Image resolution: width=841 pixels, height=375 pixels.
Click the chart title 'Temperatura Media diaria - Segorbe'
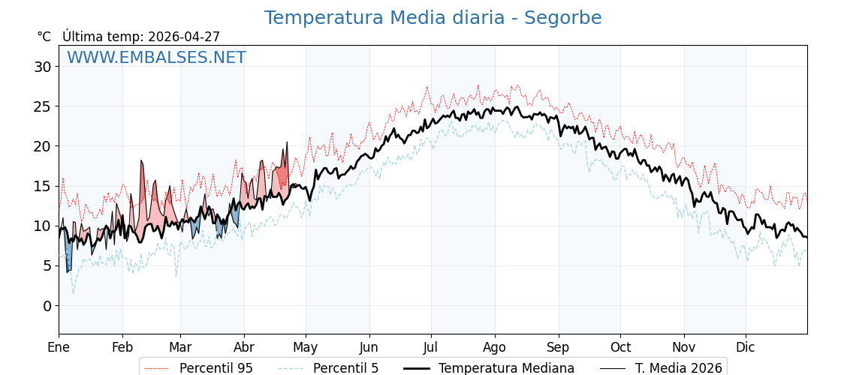[433, 18]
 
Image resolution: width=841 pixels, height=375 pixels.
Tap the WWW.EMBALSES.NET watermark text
[156, 58]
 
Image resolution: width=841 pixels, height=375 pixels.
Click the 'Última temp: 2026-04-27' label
[141, 37]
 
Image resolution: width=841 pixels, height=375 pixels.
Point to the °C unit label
[44, 37]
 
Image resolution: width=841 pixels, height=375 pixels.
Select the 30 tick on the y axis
[42, 67]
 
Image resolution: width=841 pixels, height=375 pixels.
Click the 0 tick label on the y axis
[47, 306]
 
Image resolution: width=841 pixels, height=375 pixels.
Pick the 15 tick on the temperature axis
[42, 186]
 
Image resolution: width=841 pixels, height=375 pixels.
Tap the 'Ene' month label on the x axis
[59, 347]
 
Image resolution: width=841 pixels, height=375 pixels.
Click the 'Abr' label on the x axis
[244, 347]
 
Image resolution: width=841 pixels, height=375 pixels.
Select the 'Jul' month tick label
[431, 347]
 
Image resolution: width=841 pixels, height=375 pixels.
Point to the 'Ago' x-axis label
[495, 347]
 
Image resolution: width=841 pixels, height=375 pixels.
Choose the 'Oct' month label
[620, 347]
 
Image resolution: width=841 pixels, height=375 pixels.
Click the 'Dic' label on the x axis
[746, 347]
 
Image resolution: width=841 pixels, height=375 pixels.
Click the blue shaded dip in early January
[68, 255]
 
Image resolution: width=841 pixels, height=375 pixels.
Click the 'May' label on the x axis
[306, 347]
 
